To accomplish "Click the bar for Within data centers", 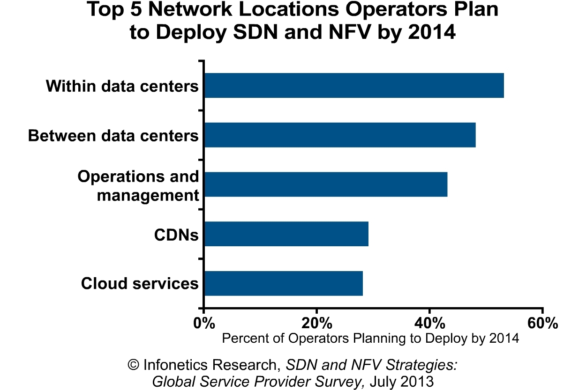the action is coord(354,85).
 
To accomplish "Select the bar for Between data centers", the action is coord(340,135).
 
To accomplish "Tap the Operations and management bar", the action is coord(326,184).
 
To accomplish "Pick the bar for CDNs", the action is coord(286,234).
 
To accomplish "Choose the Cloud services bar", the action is coord(284,283).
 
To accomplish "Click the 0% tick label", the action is coord(204,323).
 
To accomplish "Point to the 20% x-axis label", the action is coord(317,323).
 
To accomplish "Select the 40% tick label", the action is coord(429,323).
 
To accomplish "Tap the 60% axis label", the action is coord(542,323).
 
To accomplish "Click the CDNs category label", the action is coord(176,235).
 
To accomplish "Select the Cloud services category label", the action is coord(140,283).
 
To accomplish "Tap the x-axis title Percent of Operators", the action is coord(370,338).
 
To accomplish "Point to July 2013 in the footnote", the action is coord(401,381).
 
